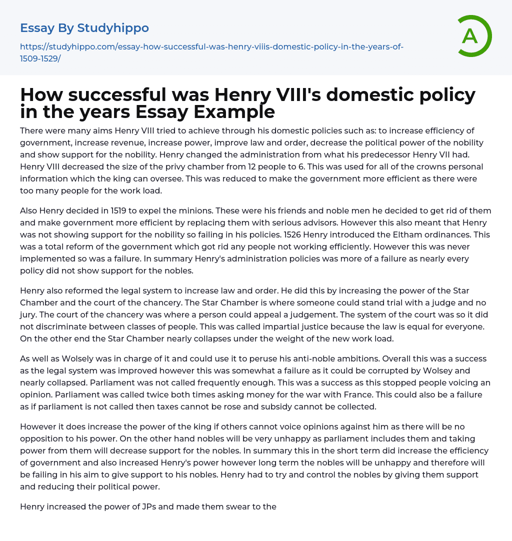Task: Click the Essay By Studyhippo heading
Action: click(84, 28)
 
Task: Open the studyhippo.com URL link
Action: click(211, 52)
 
